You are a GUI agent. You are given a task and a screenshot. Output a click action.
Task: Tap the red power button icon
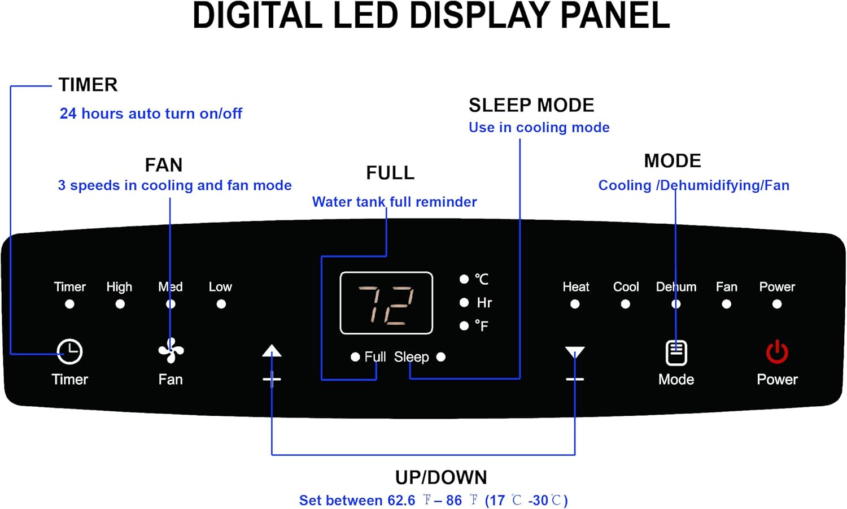tap(777, 351)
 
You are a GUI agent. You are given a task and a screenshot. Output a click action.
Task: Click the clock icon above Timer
tap(69, 351)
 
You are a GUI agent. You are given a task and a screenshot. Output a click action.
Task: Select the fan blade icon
tap(171, 350)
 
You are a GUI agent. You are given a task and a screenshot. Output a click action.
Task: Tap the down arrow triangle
tap(575, 352)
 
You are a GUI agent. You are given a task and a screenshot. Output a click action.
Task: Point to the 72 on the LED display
tap(386, 305)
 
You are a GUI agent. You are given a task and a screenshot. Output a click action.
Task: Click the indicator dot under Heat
tap(575, 304)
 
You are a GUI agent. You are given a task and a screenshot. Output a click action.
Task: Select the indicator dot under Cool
tap(626, 304)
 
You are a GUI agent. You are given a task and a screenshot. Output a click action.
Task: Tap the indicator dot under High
tap(120, 304)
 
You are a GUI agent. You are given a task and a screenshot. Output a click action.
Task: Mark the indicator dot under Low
tap(221, 304)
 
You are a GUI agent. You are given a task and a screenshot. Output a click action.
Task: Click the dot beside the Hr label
tap(464, 302)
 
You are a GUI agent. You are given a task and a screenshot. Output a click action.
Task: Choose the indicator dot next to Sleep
tap(441, 357)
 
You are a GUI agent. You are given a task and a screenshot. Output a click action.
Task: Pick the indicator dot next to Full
tap(355, 357)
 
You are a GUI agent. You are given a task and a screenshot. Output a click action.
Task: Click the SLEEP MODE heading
tap(531, 105)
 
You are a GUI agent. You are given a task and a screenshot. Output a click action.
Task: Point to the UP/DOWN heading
tap(441, 477)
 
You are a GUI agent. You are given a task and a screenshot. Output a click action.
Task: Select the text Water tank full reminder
tap(394, 202)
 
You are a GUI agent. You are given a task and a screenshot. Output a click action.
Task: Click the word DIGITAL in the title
tap(257, 16)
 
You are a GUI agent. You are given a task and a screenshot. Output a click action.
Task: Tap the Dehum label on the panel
tap(676, 287)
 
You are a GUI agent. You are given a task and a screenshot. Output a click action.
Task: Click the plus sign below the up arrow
tap(272, 379)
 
